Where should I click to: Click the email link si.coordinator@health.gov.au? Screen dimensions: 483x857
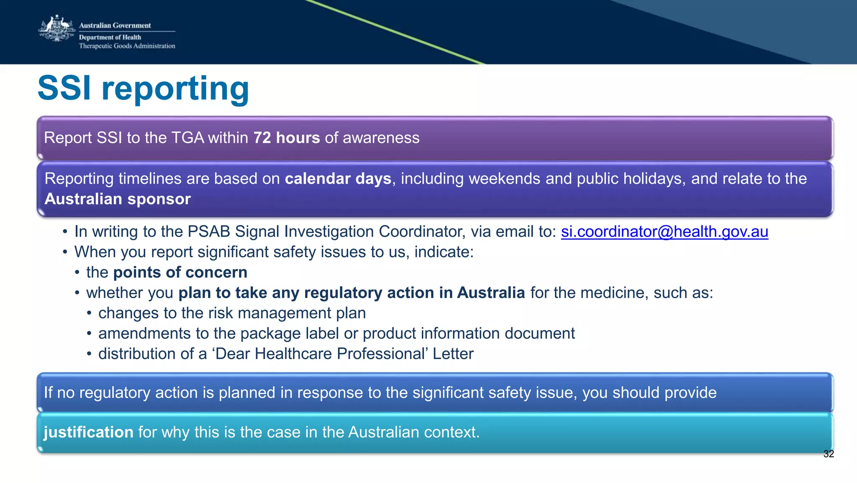click(x=665, y=232)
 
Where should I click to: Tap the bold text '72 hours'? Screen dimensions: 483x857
click(x=287, y=138)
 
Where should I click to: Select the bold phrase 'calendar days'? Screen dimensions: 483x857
click(x=338, y=179)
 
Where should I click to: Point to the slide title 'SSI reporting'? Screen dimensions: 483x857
click(x=143, y=88)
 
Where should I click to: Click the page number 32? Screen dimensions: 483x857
click(x=829, y=454)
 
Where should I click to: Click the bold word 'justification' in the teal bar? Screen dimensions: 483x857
click(x=88, y=432)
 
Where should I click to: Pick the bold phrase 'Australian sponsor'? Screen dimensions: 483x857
click(x=118, y=199)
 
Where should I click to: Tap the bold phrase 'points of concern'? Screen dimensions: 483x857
click(x=180, y=273)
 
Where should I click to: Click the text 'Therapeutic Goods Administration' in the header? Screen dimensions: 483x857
click(x=127, y=46)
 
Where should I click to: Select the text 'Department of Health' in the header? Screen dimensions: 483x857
click(x=110, y=37)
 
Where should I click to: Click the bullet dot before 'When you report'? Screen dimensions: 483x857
click(x=65, y=253)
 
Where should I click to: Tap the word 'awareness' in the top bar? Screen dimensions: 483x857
click(x=381, y=138)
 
